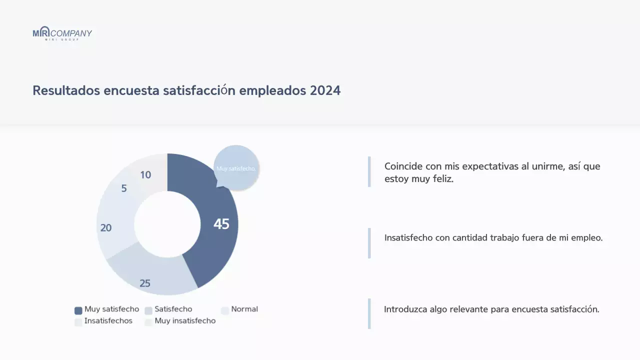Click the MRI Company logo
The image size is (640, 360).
click(x=62, y=33)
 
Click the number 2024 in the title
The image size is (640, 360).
click(x=325, y=90)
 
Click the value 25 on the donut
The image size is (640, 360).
click(x=145, y=283)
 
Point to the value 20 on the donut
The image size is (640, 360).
click(x=106, y=228)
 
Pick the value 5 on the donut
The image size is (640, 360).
click(x=124, y=188)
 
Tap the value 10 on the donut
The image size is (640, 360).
click(x=145, y=175)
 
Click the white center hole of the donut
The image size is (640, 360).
click(x=167, y=224)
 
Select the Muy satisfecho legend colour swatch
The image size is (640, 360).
click(x=78, y=310)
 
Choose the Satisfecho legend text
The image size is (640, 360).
click(x=173, y=309)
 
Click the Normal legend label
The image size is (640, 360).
click(x=244, y=309)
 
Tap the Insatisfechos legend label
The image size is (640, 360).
click(x=108, y=321)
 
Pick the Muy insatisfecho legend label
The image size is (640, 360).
click(x=185, y=321)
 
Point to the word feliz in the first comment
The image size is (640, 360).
click(x=443, y=179)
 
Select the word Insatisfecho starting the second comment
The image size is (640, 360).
click(x=408, y=238)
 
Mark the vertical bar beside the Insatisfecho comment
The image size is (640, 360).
click(x=369, y=243)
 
